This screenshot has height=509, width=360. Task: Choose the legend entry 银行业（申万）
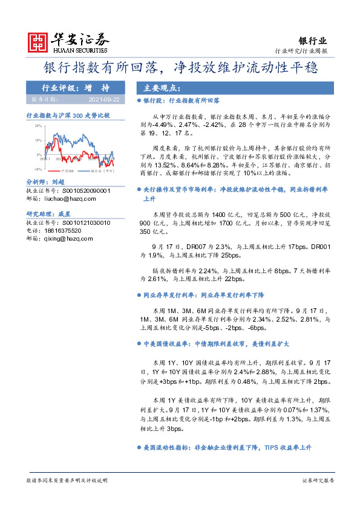click(102, 172)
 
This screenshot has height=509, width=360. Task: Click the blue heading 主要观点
click(156, 87)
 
